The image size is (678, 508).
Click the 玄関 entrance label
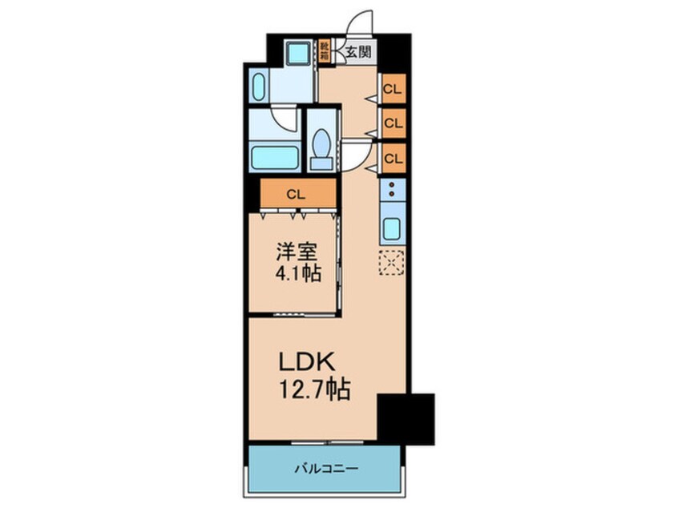coord(357,54)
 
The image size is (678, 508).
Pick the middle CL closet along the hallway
coord(392,123)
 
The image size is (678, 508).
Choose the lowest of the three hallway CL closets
coord(392,158)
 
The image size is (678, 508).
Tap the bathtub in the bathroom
coord(274,156)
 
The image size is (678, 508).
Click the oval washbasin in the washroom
coord(258,87)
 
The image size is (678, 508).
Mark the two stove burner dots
coord(392,189)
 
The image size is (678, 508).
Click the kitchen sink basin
coord(392,229)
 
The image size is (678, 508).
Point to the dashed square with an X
coord(391,263)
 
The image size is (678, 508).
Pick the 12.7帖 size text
coord(313,390)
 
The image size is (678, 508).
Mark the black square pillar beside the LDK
coord(406,417)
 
